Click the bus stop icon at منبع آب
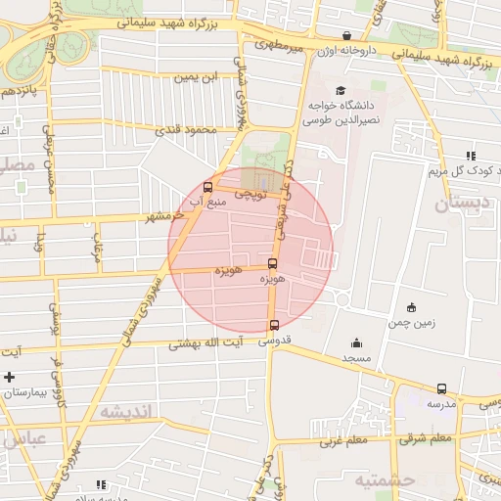(206, 187)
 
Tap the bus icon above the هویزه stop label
(272, 263)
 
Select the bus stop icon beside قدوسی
(273, 326)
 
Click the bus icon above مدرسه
(441, 388)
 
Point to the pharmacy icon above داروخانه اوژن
(347, 36)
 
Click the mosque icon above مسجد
(355, 343)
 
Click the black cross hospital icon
(9, 377)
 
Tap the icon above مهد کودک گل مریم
(471, 155)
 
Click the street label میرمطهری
(280, 44)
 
